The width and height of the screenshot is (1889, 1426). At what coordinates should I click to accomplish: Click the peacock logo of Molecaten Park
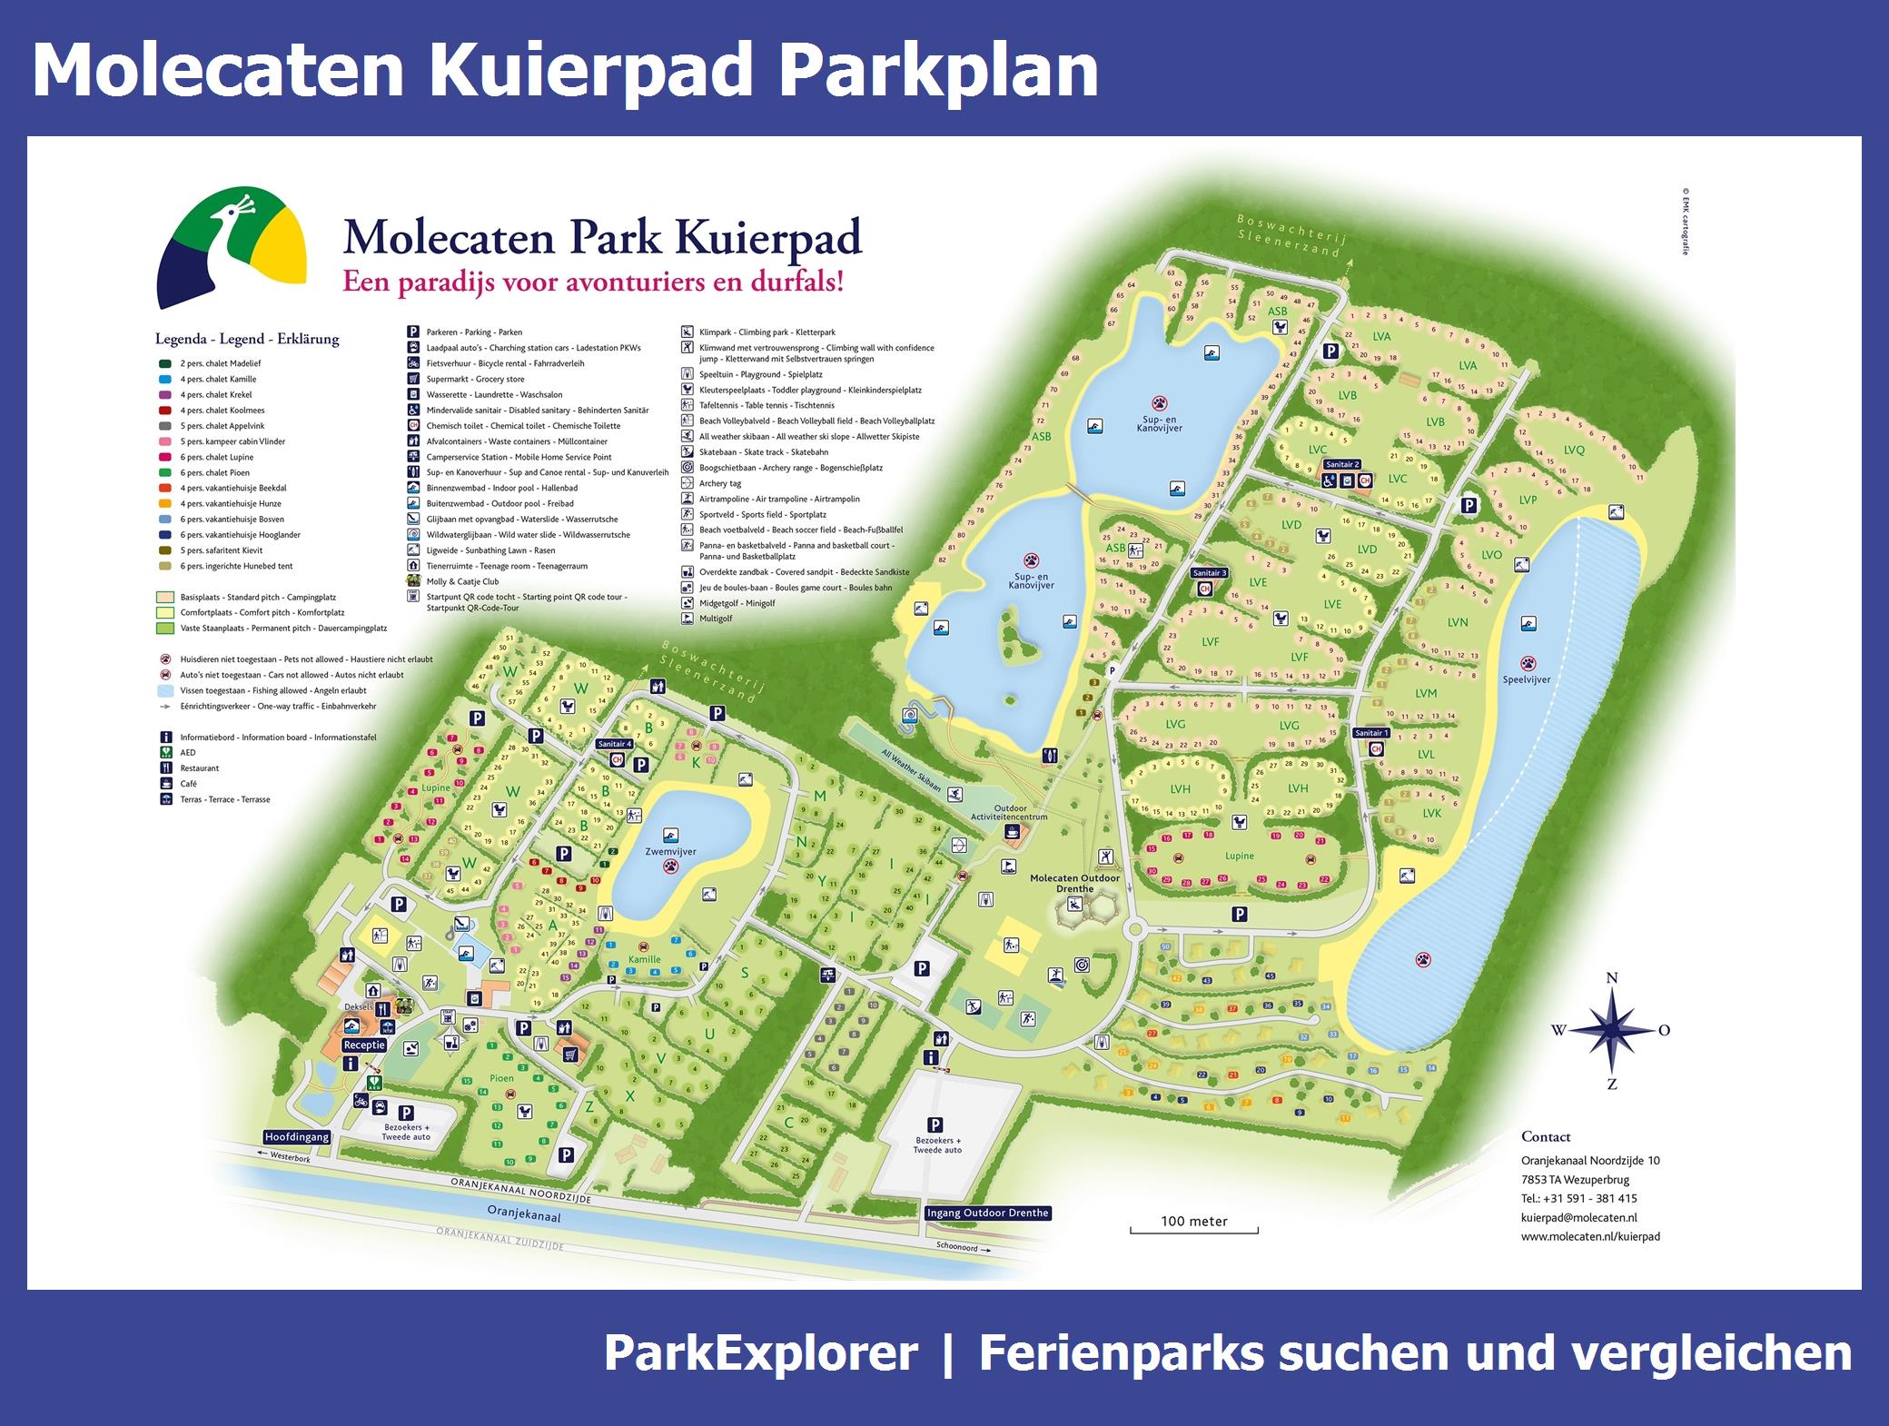231,246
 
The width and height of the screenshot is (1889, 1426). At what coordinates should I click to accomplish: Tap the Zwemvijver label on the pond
670,852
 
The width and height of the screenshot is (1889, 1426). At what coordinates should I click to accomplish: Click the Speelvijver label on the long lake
1527,679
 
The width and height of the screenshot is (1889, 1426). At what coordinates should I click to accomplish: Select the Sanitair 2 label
1341,464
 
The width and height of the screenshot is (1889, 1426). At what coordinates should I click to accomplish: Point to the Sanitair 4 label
615,744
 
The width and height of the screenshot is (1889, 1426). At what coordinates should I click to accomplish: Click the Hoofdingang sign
297,1136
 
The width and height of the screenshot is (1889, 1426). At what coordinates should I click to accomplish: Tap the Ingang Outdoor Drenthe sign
987,1213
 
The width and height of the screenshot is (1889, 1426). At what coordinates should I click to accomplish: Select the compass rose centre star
1612,1029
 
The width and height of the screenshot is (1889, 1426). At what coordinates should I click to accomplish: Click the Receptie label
364,1045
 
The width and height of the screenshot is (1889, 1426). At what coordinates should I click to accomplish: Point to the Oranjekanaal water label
524,1215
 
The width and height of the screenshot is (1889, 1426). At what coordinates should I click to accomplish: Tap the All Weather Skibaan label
911,769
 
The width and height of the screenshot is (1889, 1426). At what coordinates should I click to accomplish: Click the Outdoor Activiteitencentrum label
1010,812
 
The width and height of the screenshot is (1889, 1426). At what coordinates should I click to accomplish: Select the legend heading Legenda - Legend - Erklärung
247,339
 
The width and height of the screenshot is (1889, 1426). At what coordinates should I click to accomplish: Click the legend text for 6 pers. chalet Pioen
216,472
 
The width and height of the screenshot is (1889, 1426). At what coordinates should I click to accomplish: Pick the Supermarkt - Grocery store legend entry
475,379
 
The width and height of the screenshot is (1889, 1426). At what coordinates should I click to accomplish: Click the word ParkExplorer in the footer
760,1353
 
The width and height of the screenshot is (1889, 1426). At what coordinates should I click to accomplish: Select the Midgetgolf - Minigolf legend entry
737,603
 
